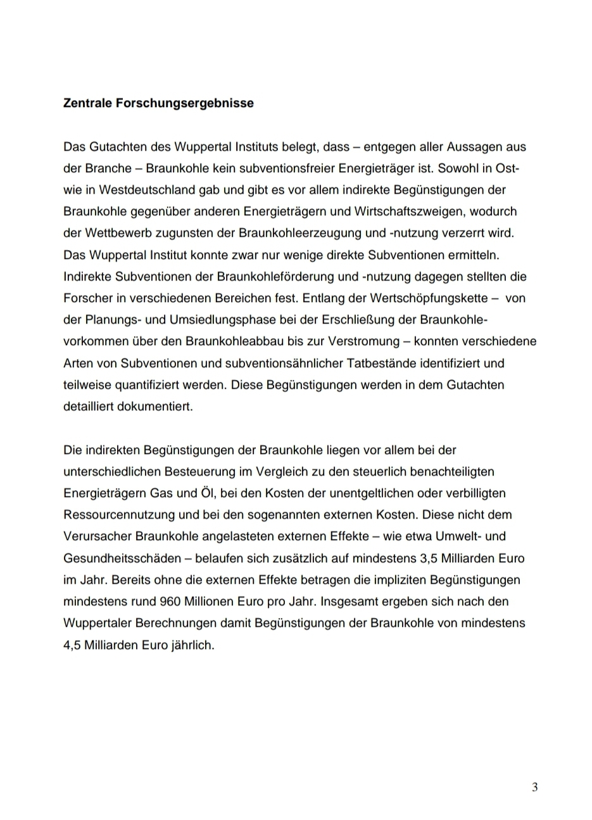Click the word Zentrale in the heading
87,103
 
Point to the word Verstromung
362,341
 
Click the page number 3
535,787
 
